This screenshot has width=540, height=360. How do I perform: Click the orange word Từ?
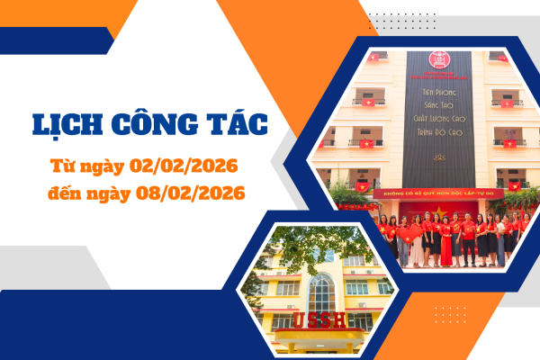pos(65,167)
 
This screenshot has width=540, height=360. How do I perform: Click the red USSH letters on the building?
pos(310,320)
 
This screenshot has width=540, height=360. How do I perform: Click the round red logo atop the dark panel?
pos(438,61)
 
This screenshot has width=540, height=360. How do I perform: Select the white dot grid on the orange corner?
pos(450,316)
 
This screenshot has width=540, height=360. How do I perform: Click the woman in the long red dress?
pos(446,245)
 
